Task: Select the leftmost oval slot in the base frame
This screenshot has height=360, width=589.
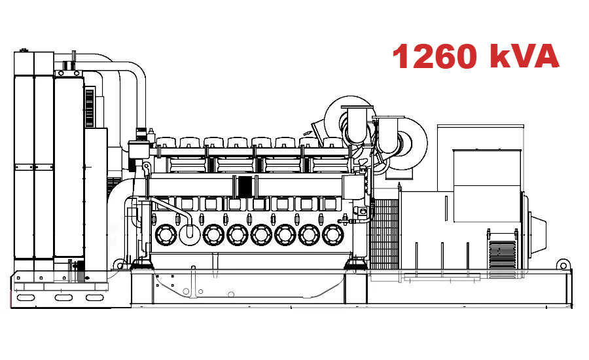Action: tap(27, 298)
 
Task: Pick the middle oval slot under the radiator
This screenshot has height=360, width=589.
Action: tap(63, 298)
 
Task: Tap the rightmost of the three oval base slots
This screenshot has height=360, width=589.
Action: tap(96, 298)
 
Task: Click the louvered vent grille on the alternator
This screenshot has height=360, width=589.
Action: tap(502, 252)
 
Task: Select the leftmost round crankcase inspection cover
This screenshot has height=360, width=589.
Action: tap(164, 234)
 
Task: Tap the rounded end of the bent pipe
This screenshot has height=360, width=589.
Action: tap(190, 231)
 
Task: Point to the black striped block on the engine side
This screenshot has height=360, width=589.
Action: tap(245, 186)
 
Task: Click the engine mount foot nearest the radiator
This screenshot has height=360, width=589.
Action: tap(141, 264)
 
